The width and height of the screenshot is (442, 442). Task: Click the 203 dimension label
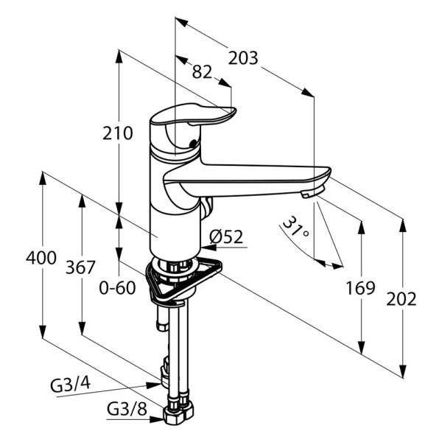(243, 58)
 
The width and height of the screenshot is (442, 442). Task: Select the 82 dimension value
(202, 72)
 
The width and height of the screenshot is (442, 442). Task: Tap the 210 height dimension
(117, 133)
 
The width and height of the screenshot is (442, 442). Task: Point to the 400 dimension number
(41, 258)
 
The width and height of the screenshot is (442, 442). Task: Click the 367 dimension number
(80, 267)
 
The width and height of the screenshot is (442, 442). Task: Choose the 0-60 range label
(117, 288)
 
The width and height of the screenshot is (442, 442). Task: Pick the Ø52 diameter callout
(226, 236)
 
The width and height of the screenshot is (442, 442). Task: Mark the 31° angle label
(295, 227)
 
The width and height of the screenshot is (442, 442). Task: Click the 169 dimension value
(360, 288)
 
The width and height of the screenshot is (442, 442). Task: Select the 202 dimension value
(401, 299)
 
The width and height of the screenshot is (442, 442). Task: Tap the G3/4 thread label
(71, 385)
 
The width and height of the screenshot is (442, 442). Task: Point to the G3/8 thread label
(127, 410)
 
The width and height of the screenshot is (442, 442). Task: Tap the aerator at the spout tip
(312, 192)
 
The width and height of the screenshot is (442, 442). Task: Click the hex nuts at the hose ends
(178, 412)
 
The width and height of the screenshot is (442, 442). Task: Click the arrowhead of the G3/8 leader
(156, 419)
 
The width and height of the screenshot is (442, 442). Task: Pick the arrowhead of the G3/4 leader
(154, 385)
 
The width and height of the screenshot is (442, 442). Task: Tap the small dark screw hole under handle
(193, 143)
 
